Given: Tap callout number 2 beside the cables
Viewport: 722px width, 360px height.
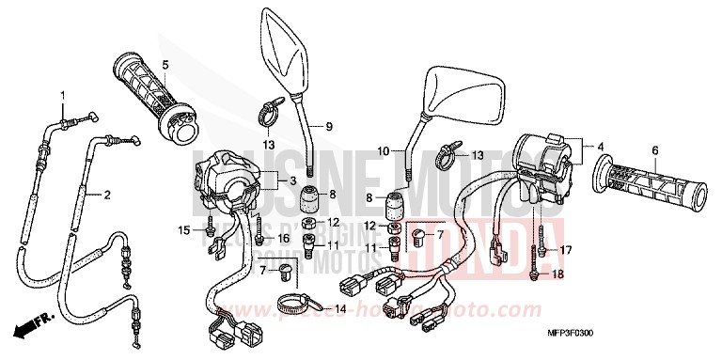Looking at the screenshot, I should [x=107, y=196].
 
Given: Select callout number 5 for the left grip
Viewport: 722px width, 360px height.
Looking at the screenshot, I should [x=165, y=65].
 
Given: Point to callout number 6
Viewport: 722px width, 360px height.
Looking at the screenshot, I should [x=653, y=149].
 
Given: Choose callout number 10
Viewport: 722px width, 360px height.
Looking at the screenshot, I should [x=384, y=149].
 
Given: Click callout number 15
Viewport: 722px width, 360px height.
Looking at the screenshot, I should [x=185, y=229].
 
